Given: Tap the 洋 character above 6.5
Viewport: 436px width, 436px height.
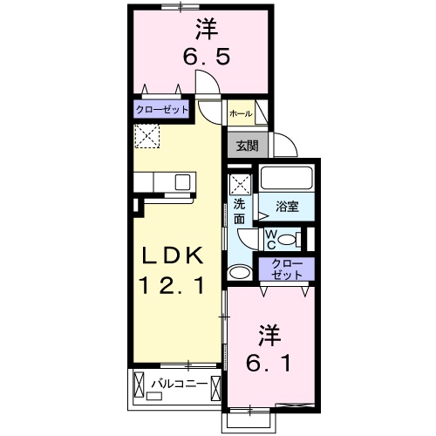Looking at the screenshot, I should pos(206,30).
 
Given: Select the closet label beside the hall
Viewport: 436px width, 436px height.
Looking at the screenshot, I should pos(161,111).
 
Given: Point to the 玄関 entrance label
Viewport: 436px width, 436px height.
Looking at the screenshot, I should pos(247,144).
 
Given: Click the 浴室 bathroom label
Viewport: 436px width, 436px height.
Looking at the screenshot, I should pos(287,207).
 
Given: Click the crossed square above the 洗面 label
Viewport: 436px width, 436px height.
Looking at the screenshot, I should pos(241,184).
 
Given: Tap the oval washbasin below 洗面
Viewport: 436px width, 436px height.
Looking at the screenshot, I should pos(239,273).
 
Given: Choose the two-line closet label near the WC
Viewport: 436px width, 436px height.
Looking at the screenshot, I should pos(283,269).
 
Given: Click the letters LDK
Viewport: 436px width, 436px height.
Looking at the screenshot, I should pos(174,255).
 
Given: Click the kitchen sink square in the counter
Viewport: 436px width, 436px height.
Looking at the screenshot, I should pos(183,181).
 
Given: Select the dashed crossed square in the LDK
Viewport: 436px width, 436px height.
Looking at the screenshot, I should pos(146,135).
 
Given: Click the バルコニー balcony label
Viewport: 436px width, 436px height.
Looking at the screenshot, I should pos(179,383).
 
